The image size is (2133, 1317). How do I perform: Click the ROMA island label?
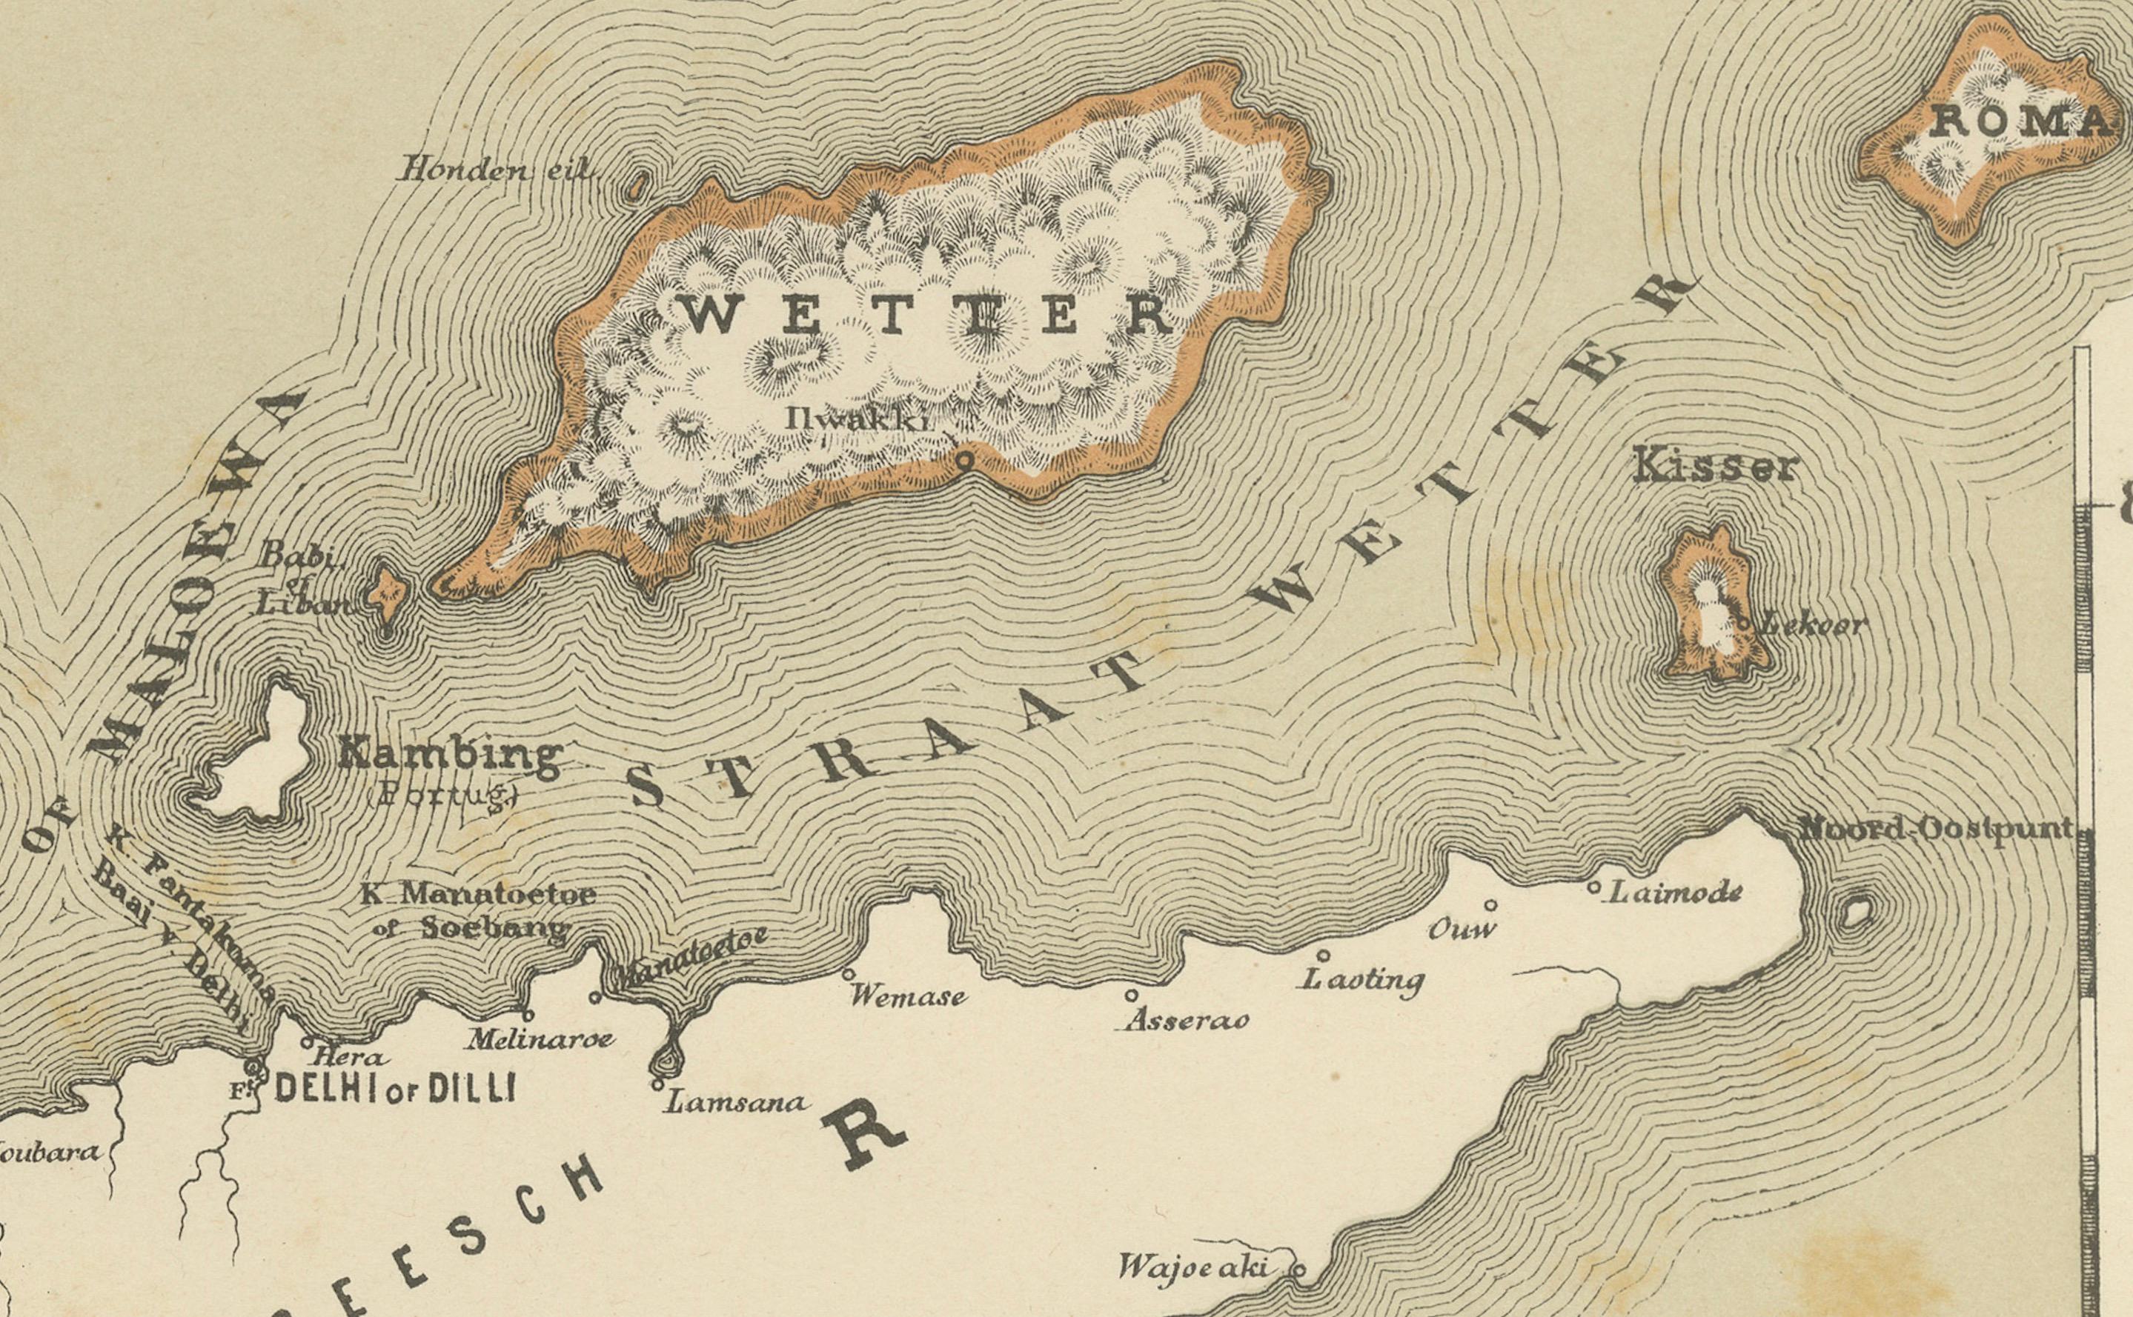click(2020, 122)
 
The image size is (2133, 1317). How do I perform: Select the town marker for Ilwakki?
click(963, 461)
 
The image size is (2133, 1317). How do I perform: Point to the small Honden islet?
click(639, 184)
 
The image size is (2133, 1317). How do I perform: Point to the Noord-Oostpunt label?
click(1936, 828)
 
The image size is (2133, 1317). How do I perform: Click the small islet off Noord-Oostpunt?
click(1856, 912)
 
